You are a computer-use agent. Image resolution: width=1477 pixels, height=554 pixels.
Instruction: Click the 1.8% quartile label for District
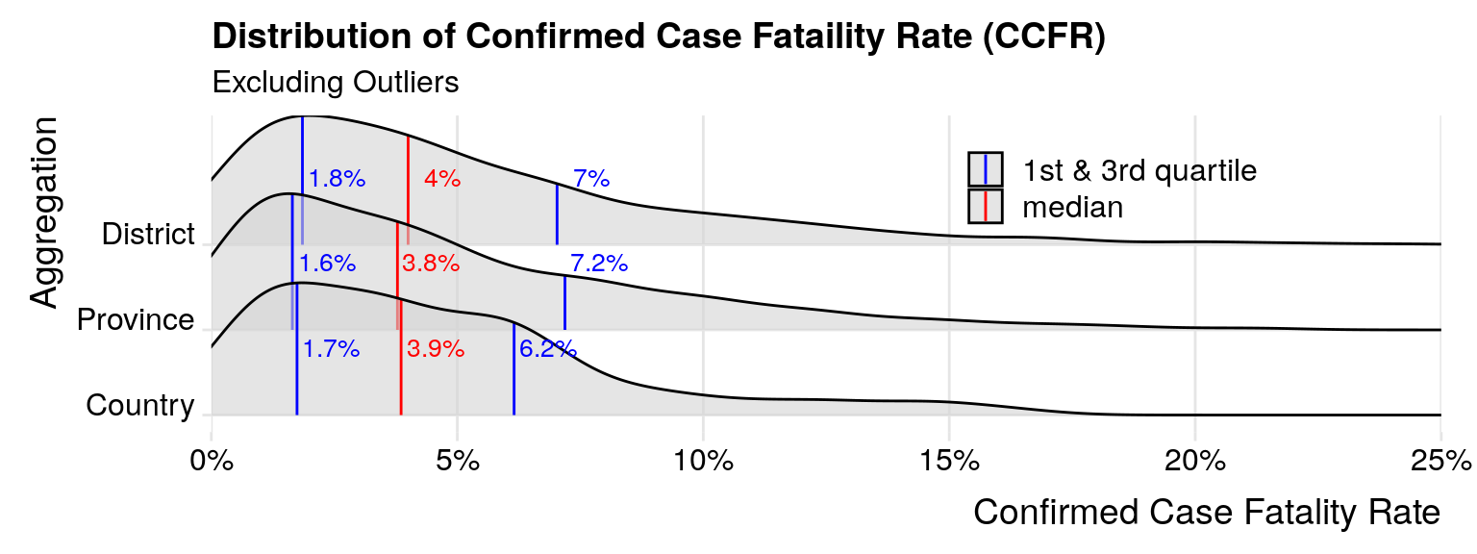click(338, 178)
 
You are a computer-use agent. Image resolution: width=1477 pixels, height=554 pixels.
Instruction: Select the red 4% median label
click(442, 178)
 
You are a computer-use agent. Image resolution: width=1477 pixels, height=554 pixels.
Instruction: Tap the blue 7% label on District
click(591, 178)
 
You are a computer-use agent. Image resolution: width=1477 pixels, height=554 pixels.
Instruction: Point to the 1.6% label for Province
click(328, 264)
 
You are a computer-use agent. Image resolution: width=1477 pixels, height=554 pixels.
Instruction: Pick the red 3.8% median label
click(431, 264)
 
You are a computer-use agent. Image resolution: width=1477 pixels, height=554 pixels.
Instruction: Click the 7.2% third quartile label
click(599, 263)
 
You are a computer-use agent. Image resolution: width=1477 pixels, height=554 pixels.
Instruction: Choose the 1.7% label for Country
click(332, 349)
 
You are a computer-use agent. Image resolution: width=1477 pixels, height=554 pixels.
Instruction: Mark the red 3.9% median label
click(436, 349)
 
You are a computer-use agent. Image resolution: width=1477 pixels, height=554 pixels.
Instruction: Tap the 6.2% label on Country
click(547, 349)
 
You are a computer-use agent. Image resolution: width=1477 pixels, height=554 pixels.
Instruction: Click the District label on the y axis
click(148, 235)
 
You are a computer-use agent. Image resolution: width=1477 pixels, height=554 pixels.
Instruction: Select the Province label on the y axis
click(136, 320)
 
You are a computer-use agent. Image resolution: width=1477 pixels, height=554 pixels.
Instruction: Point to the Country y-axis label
click(139, 406)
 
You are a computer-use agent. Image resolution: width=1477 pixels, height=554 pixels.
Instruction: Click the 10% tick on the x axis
click(703, 461)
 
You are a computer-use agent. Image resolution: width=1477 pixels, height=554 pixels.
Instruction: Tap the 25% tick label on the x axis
click(1439, 461)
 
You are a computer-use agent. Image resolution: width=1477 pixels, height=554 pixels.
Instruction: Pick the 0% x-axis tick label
click(212, 461)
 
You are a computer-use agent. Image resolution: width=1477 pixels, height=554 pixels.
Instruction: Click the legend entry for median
click(1072, 207)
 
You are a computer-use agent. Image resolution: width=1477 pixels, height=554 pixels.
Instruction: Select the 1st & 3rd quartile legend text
click(1139, 170)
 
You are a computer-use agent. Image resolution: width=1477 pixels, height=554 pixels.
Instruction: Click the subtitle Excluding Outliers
click(335, 83)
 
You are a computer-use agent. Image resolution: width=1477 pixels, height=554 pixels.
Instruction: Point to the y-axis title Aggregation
click(44, 213)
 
